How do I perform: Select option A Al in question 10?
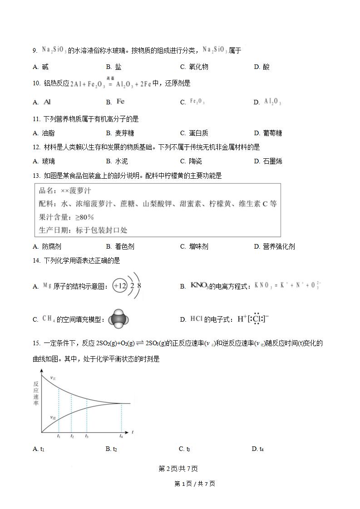[44, 102]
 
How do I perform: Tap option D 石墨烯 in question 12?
[268, 162]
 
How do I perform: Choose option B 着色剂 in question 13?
[121, 247]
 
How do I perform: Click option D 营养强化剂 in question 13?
[274, 247]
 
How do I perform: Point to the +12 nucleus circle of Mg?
[120, 286]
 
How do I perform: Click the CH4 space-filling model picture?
[119, 319]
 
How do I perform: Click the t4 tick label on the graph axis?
[121, 436]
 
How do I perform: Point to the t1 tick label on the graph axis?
[59, 436]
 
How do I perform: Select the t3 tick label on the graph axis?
[87, 436]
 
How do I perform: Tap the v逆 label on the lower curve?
[53, 417]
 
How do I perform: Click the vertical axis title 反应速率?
[36, 394]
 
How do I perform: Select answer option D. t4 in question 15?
[258, 449]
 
